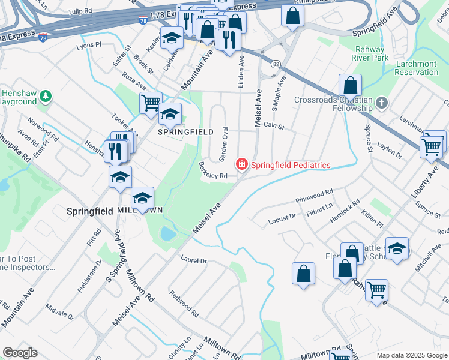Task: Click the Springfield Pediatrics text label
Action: tap(291, 165)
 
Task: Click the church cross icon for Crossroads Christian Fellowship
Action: tap(382, 103)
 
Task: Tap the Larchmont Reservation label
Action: tap(417, 68)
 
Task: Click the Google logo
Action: tap(20, 353)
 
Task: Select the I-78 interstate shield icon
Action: tap(43, 37)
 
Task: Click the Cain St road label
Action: tap(273, 127)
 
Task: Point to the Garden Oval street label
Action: tap(222, 143)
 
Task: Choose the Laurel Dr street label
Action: tap(193, 260)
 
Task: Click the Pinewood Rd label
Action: tap(314, 196)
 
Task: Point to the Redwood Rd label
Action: tap(184, 304)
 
